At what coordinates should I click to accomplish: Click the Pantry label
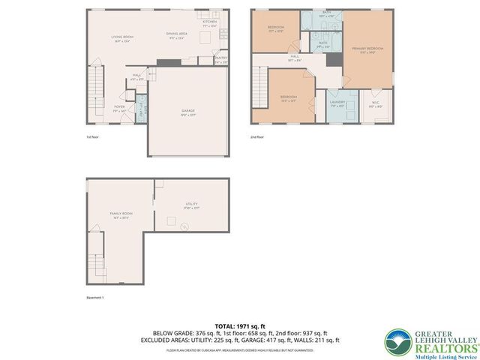coord(220,59)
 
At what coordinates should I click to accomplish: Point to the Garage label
coord(188,112)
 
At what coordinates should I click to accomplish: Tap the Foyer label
coord(119,108)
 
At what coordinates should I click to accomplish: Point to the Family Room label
coord(121,216)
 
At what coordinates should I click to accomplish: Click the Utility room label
coord(191,205)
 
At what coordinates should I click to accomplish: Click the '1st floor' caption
coord(93,137)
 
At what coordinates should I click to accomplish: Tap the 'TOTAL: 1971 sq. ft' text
coord(240,325)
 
